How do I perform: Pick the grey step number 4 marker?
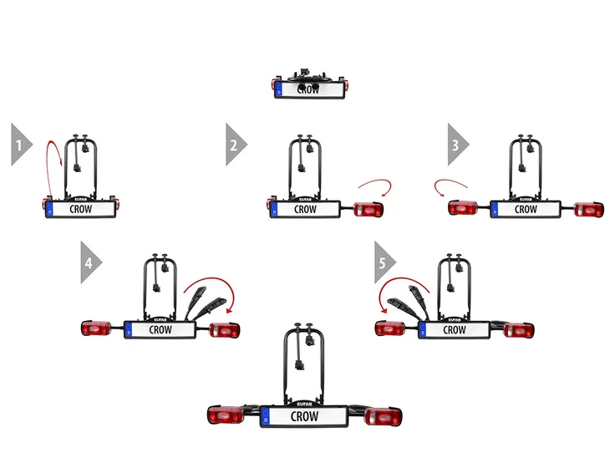[x=89, y=262]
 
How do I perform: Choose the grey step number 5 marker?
[x=384, y=262]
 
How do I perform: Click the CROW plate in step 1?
[x=80, y=208]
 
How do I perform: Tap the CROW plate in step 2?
[x=306, y=208]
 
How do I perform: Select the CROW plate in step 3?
[x=525, y=208]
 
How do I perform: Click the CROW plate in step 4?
[x=160, y=329]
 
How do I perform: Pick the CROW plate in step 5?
[x=454, y=329]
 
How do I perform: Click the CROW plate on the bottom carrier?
[x=305, y=416]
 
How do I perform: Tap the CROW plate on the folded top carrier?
[x=308, y=89]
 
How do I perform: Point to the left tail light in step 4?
[x=97, y=329]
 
